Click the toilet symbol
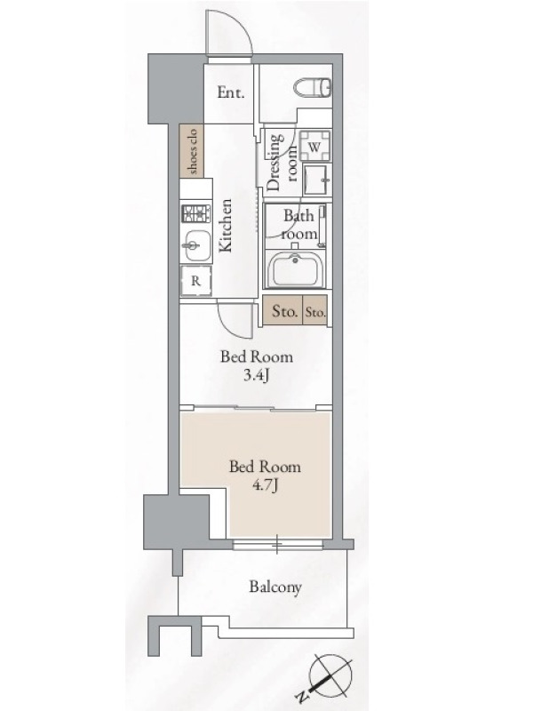click(x=314, y=87)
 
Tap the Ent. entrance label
click(x=231, y=93)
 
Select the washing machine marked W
click(x=315, y=146)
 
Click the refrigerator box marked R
click(x=195, y=281)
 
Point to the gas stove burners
click(x=195, y=213)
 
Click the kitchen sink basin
click(x=195, y=245)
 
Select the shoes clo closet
click(x=191, y=151)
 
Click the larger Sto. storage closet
click(x=282, y=310)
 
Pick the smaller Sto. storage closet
click(x=314, y=311)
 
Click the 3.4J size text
click(x=257, y=375)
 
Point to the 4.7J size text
click(x=265, y=485)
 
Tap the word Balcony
click(x=275, y=587)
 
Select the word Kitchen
click(x=226, y=225)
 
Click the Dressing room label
click(x=282, y=162)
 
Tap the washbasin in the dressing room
click(x=317, y=180)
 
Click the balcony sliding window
click(x=277, y=544)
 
